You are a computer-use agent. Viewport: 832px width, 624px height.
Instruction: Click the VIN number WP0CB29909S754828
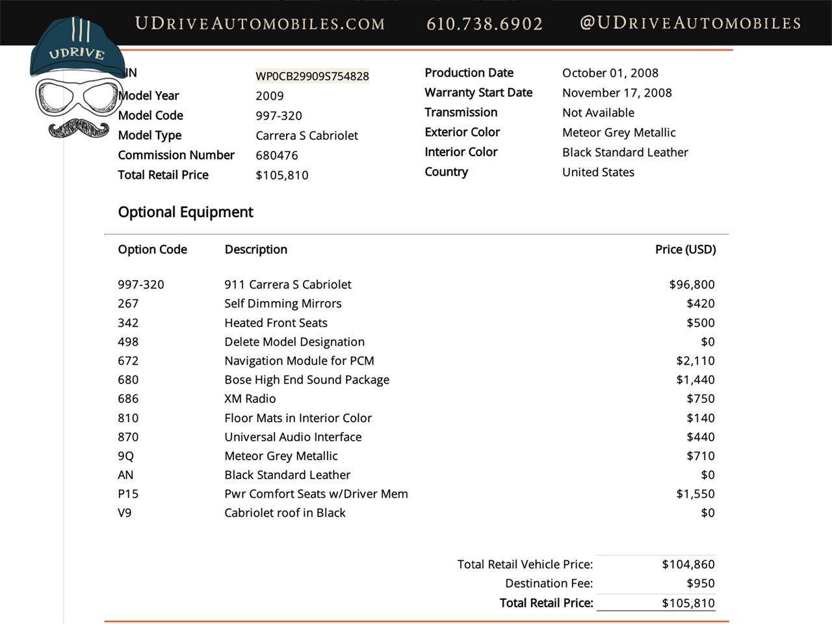coord(312,76)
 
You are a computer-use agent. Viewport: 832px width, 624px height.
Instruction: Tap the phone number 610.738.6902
coord(484,24)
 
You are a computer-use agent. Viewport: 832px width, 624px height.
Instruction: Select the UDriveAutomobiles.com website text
coord(259,24)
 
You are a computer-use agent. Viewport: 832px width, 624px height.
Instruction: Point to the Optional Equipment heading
coord(185,212)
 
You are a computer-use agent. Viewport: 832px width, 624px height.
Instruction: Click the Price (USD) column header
coord(685,250)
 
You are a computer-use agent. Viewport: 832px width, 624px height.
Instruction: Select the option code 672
coord(128,361)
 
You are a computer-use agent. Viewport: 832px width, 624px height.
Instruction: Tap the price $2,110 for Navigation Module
coord(695,361)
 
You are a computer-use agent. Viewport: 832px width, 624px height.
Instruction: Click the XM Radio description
coord(250,398)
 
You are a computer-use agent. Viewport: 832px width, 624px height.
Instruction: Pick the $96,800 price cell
coord(692,285)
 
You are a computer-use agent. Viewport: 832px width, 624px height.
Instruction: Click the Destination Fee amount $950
coord(700,584)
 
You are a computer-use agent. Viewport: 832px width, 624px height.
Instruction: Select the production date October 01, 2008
coord(610,73)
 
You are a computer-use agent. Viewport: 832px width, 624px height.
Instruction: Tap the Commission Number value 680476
coord(277,155)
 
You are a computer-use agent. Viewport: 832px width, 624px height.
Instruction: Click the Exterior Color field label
coord(462,132)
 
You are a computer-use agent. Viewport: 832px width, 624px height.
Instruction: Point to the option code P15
coord(128,494)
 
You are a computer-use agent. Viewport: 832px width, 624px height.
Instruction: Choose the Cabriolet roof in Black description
coord(285,513)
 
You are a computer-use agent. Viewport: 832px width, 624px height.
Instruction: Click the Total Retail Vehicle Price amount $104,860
coord(688,564)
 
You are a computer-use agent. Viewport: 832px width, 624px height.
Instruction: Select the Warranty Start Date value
coord(617,93)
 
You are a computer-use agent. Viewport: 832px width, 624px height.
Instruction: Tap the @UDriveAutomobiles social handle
coord(690,23)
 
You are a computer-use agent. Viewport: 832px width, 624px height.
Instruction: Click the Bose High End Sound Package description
coord(307,380)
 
